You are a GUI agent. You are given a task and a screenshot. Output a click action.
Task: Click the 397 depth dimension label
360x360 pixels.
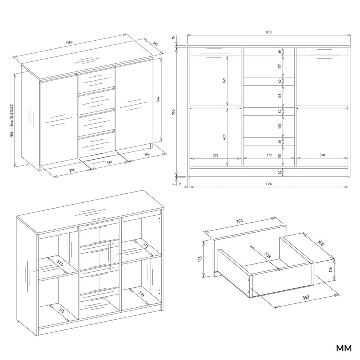[x=155, y=44]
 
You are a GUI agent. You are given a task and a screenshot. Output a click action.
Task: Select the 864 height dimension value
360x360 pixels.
[x=158, y=100]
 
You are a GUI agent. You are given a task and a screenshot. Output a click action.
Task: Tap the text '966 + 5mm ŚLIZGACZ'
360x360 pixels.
[x=12, y=121]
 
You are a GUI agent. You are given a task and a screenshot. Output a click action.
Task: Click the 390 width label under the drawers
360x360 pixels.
[x=109, y=162]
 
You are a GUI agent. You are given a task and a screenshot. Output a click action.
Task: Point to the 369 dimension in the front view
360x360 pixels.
[x=224, y=81]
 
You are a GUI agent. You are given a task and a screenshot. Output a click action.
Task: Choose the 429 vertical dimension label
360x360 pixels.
[x=224, y=137]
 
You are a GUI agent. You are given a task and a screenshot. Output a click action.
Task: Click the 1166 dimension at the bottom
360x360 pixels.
[x=269, y=184]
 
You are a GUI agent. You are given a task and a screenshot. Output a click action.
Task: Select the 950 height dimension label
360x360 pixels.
[x=174, y=112]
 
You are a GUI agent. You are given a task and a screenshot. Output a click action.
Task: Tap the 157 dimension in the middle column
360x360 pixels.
[x=280, y=67]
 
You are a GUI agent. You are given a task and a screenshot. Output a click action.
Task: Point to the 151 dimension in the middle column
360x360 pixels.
[x=280, y=155]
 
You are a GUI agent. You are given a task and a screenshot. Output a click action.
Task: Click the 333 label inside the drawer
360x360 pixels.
[x=268, y=255]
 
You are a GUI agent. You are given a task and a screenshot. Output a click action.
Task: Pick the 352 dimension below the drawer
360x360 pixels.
[x=306, y=297]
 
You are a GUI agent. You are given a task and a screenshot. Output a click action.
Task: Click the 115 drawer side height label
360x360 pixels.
[x=331, y=270]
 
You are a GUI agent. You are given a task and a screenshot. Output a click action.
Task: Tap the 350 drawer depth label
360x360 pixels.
[x=320, y=243]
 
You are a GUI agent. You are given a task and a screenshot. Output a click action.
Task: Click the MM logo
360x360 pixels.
[x=344, y=348]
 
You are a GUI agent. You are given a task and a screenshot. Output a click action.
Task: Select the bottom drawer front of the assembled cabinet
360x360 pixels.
[x=96, y=144]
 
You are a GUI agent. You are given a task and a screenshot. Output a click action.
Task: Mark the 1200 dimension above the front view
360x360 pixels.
[x=269, y=32]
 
